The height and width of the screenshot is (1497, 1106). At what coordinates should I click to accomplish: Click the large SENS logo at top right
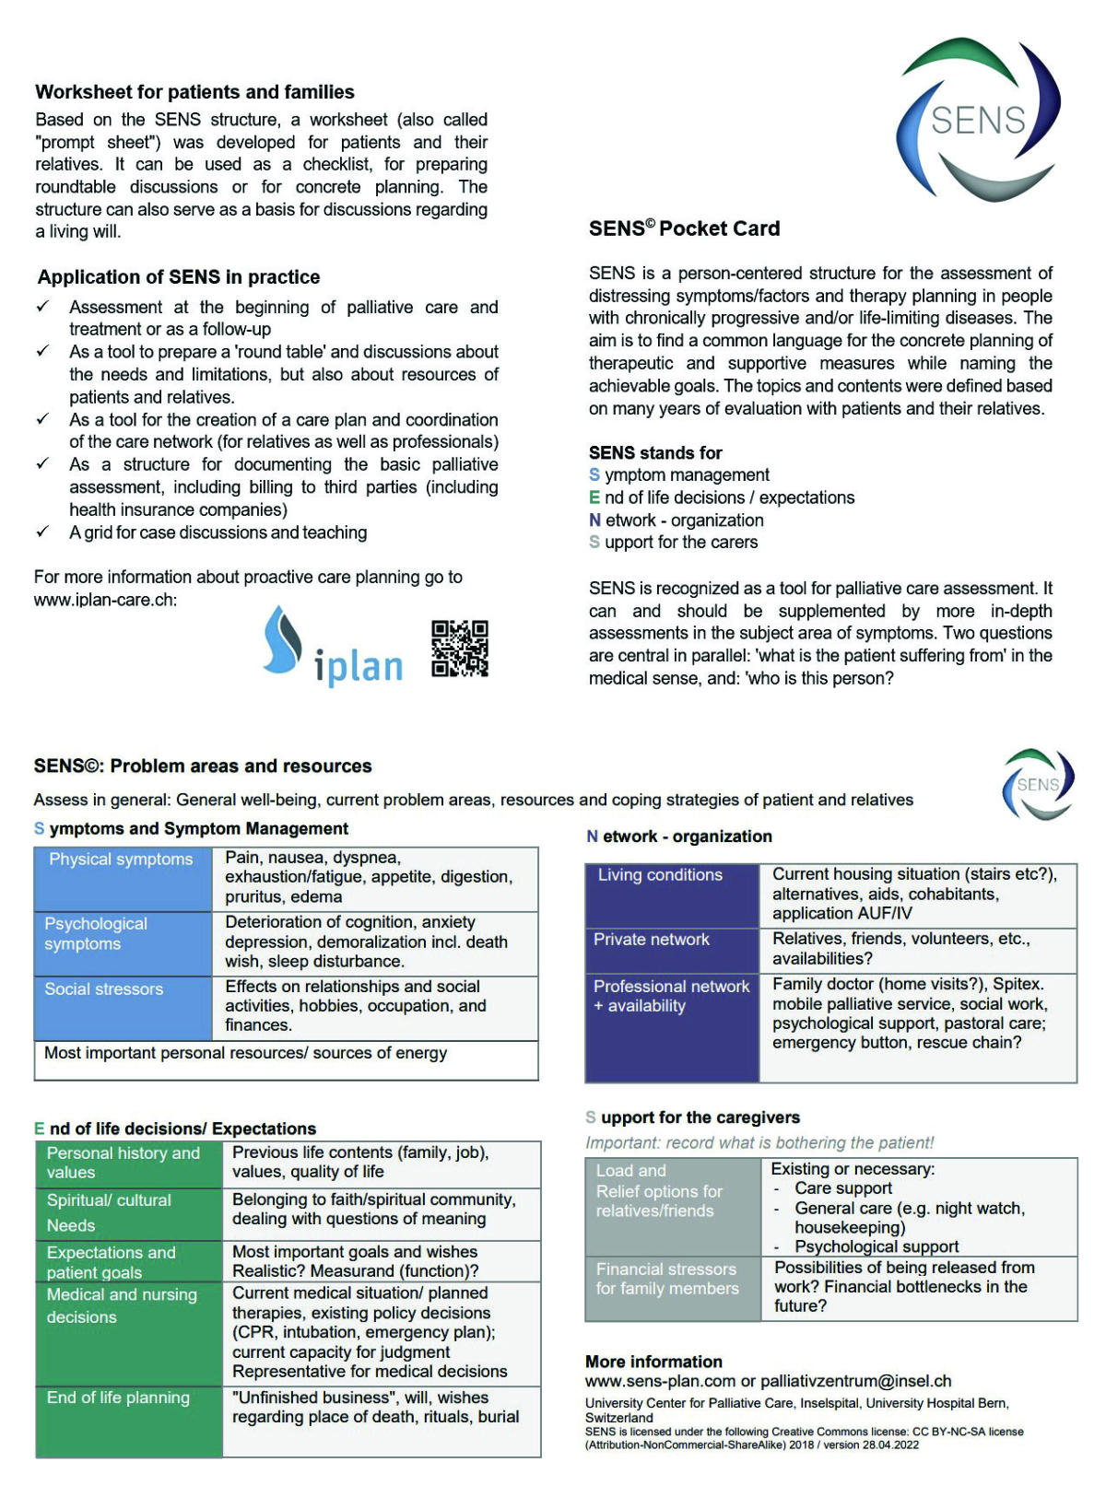pos(978,119)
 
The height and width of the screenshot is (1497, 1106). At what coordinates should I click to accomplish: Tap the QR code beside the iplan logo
pos(459,649)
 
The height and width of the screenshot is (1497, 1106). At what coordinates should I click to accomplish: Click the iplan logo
pos(334,647)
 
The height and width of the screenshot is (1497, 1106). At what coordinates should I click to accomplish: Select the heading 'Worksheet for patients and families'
pos(194,92)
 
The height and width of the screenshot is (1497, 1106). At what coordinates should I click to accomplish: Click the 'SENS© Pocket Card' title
pos(684,228)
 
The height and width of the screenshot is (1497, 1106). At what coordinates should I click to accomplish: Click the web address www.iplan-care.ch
pos(105,600)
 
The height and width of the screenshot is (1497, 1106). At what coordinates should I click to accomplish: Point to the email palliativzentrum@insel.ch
pos(856,1381)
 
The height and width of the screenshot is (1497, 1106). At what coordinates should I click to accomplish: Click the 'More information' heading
pos(653,1362)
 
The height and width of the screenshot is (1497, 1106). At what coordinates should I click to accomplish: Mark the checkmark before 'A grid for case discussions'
pos(42,532)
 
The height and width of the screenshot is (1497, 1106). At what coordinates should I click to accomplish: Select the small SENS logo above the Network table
pos(1038,784)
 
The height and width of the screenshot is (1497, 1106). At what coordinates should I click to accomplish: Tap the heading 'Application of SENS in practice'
pos(179,277)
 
